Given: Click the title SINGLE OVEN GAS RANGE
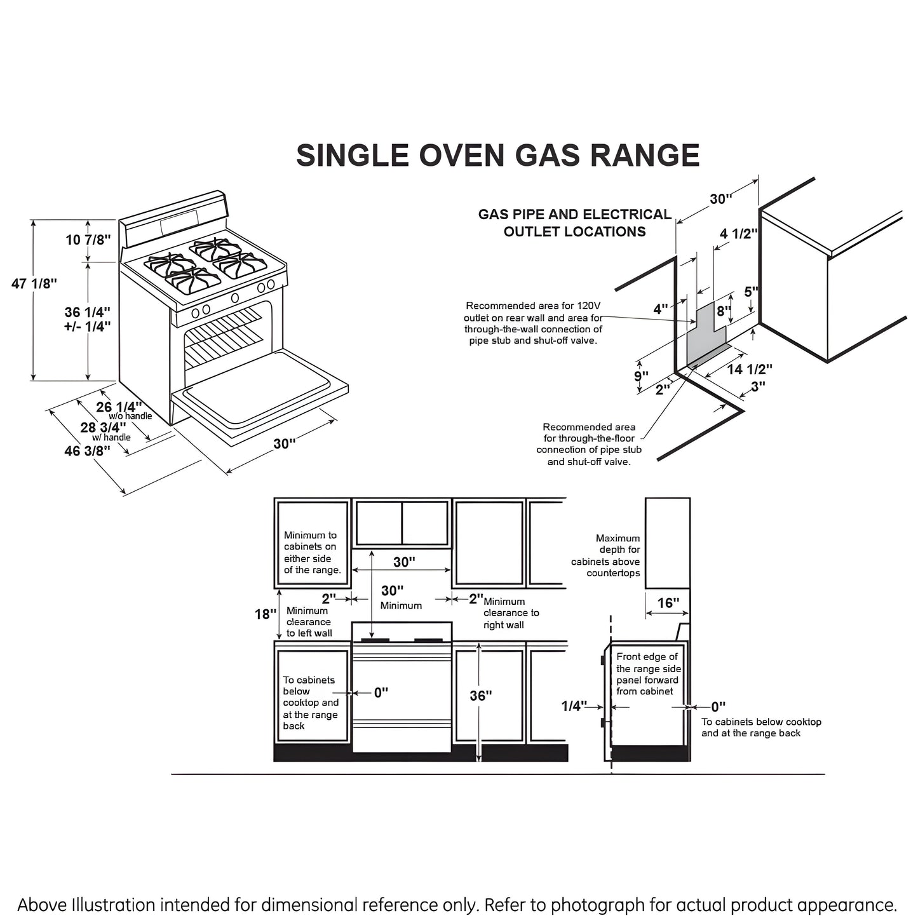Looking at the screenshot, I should tap(497, 156).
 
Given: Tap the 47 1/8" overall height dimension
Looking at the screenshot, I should tap(34, 284).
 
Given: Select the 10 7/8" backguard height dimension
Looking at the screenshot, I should tap(88, 240).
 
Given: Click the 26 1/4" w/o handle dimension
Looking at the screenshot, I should tap(118, 407).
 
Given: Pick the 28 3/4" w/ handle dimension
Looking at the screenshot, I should tap(103, 428).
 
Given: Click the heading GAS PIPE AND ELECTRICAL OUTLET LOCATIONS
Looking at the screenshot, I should tap(574, 223).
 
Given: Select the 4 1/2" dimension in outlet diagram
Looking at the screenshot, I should tap(739, 234).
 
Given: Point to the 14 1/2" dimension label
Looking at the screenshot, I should tap(750, 369).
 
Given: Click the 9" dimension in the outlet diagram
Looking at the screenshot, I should tap(641, 375).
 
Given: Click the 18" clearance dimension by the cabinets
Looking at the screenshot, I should tap(266, 614).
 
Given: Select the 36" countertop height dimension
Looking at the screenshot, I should tap(481, 696).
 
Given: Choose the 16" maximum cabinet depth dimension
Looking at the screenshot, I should tap(667, 602).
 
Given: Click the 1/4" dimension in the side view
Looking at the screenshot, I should tap(574, 706).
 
